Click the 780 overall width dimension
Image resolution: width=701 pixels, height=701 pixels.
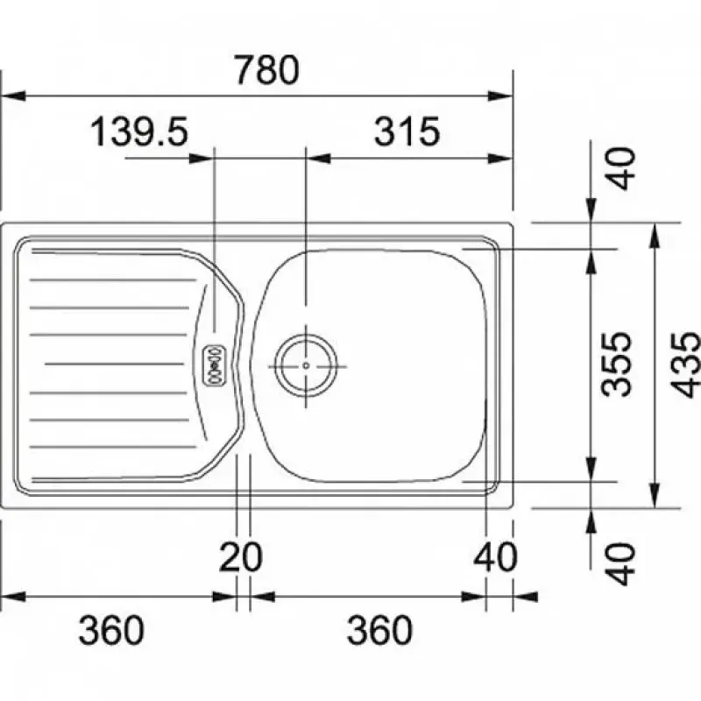[x=267, y=70]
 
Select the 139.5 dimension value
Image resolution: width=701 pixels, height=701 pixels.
[x=139, y=132]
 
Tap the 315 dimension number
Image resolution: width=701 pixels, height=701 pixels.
[x=407, y=131]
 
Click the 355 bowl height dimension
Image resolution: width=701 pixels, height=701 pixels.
[x=617, y=365]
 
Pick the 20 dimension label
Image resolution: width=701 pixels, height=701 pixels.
[x=240, y=557]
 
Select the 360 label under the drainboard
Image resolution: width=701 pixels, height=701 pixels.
[x=111, y=630]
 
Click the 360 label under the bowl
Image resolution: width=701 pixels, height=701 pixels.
[x=379, y=630]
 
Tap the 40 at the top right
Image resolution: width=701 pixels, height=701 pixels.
[x=622, y=168]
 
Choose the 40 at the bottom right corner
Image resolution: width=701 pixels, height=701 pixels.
[x=622, y=563]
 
